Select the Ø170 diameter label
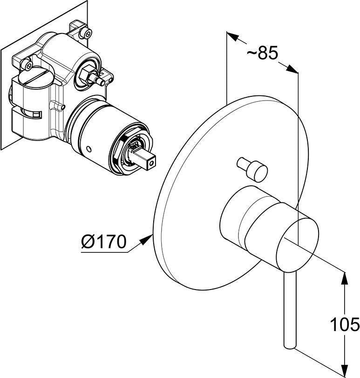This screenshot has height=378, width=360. coord(104,242)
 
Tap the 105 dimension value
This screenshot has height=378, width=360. coord(345,324)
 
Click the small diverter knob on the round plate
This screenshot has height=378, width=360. coord(253,169)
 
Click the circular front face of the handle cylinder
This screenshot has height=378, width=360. coord(297,245)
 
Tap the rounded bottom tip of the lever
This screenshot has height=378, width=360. coord(290,346)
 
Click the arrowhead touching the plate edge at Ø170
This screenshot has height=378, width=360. coord(146,240)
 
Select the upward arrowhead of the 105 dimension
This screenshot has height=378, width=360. coord(346,280)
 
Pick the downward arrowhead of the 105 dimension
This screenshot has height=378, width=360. coord(346,371)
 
